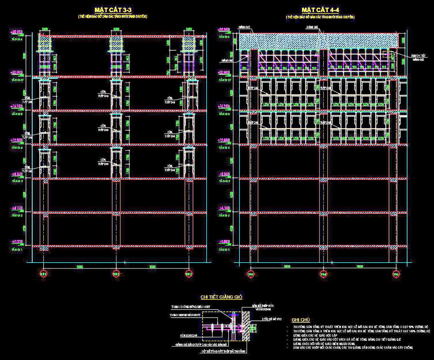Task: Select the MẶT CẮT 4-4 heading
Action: pyautogui.click(x=320, y=10)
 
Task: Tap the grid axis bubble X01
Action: pyautogui.click(x=43, y=274)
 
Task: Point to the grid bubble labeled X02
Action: pyautogui.click(x=116, y=274)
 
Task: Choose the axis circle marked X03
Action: pyautogui.click(x=188, y=274)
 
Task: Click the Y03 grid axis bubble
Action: pyautogui.click(x=251, y=274)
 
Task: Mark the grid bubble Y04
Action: pyautogui.click(x=323, y=274)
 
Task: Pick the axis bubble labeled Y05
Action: pyautogui.click(x=396, y=274)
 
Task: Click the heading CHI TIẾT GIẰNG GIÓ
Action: pyautogui.click(x=221, y=297)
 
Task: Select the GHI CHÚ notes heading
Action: pyautogui.click(x=301, y=320)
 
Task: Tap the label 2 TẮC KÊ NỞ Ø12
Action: pyautogui.click(x=272, y=319)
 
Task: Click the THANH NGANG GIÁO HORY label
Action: pyautogui.click(x=185, y=315)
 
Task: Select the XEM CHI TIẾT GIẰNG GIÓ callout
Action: pyautogui.click(x=418, y=57)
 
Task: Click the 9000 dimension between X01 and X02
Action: pyautogui.click(x=80, y=267)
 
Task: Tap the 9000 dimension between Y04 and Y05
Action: pyautogui.click(x=360, y=267)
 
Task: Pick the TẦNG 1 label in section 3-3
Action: pyautogui.click(x=17, y=249)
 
